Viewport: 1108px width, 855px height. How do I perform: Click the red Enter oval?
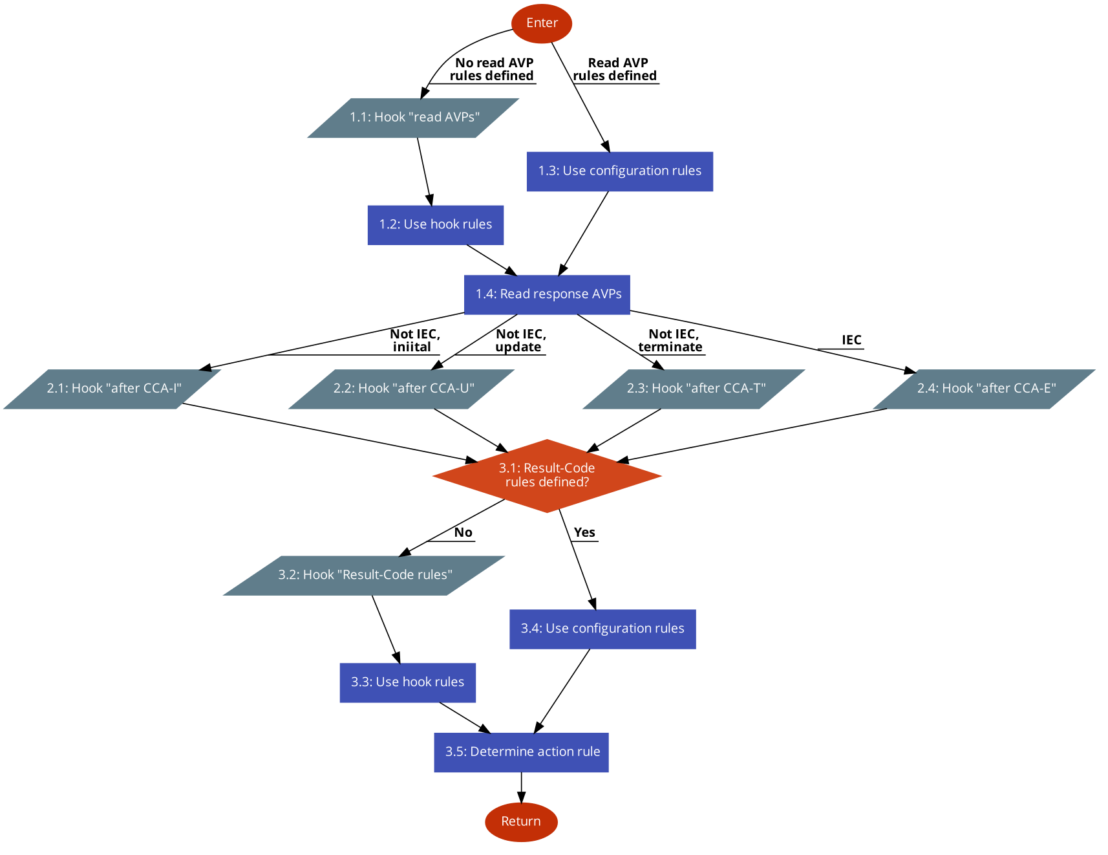(x=542, y=24)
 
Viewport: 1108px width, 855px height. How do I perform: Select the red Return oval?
(x=521, y=822)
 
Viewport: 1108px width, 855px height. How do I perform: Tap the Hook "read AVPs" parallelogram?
(x=414, y=118)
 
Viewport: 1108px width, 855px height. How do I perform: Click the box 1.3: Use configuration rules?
(x=619, y=171)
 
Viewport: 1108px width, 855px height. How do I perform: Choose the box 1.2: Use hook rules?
(x=435, y=225)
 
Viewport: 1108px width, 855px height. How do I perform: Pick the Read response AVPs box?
(x=547, y=295)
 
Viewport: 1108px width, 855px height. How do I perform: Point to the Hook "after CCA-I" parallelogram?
(x=113, y=389)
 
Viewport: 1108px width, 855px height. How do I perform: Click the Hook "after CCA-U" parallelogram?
(x=402, y=389)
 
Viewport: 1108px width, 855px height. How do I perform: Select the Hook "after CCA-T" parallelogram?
(x=694, y=389)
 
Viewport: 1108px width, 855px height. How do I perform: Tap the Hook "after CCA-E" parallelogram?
(x=985, y=389)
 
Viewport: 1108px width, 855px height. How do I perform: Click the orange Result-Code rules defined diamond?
(x=547, y=476)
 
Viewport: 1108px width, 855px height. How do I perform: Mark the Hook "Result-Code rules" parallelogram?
(x=365, y=575)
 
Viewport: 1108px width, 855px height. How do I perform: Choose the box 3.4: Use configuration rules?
(x=602, y=629)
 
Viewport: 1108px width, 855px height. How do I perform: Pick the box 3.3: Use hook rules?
(x=407, y=682)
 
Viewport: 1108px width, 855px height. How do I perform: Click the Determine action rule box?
(x=521, y=752)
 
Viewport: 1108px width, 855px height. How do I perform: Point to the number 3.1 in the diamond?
(x=509, y=468)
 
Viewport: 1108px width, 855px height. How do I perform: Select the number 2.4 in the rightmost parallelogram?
(x=927, y=389)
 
